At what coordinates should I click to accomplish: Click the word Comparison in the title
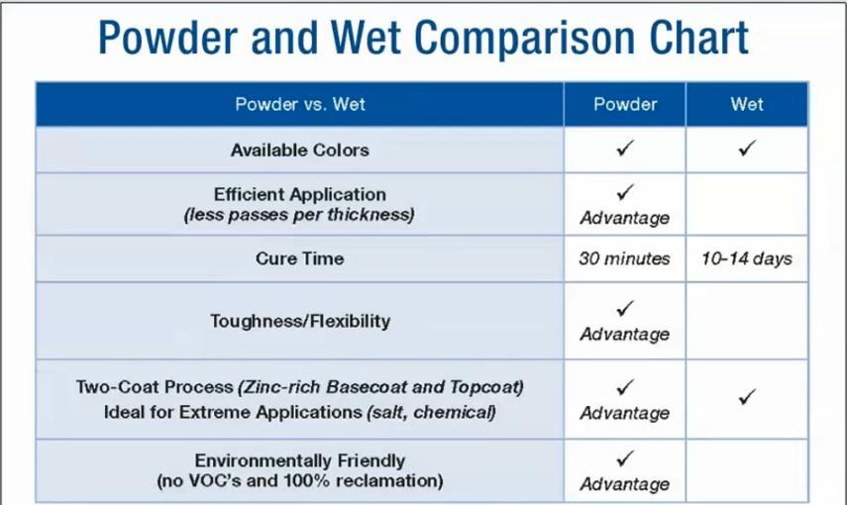coord(523,39)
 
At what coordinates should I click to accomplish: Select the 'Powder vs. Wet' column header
coord(300,104)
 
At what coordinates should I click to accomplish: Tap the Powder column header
coord(625,104)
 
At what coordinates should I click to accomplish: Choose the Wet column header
coord(747,104)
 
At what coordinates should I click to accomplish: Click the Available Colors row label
coord(300,151)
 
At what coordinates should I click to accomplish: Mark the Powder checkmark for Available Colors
coord(625,148)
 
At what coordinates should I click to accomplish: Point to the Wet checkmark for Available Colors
coord(747,148)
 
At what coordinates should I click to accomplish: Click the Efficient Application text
coord(300,194)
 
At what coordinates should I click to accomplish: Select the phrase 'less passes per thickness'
coord(299,215)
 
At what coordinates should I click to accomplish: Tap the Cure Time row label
coord(300,258)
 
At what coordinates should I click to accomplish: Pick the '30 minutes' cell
coord(624,258)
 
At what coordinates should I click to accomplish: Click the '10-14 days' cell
coord(747,258)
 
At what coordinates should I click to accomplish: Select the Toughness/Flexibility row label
coord(300,322)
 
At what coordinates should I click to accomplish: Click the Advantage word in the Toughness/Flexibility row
coord(625,335)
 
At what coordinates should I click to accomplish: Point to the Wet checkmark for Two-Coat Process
coord(747,397)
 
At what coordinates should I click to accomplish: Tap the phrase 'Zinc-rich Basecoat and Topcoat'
coord(380,387)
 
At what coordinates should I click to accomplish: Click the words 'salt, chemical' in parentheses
coord(432,413)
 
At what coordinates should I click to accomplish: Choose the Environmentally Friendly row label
coord(300,460)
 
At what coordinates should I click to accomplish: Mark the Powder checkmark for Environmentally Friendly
coord(625,458)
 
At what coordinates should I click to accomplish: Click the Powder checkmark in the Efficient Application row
coord(625,192)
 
